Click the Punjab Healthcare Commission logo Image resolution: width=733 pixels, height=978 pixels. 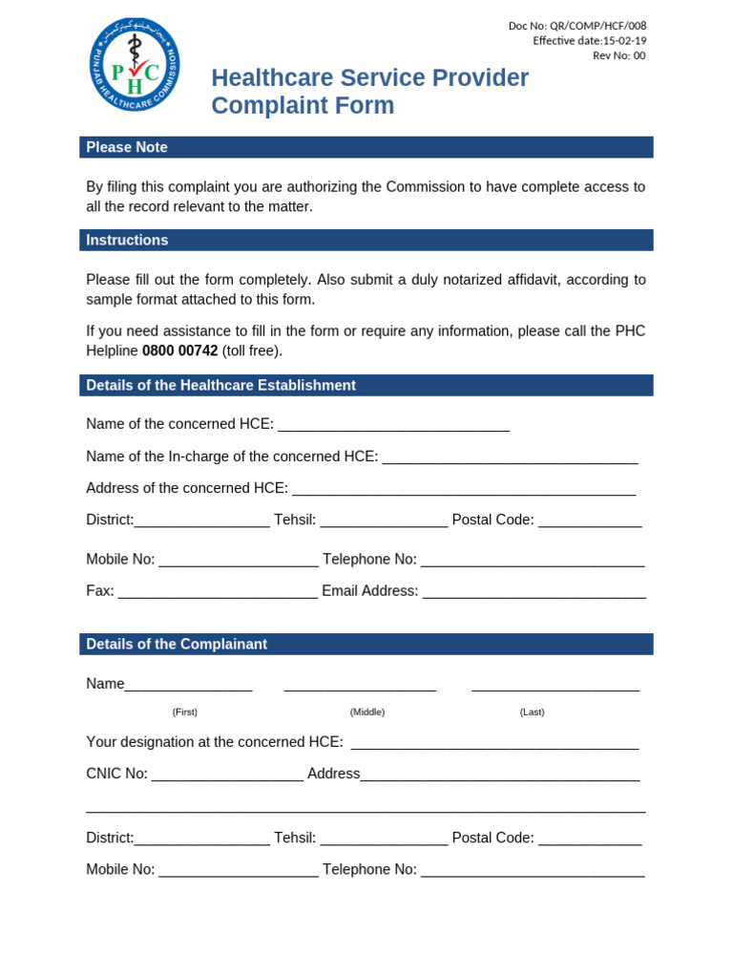point(134,64)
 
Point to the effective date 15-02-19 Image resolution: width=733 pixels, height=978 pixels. point(624,40)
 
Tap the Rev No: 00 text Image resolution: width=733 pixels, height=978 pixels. point(619,55)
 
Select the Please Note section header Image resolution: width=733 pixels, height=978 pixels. point(127,147)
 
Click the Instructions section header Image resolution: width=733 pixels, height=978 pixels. point(127,240)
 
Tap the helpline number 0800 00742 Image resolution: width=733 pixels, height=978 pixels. point(179,351)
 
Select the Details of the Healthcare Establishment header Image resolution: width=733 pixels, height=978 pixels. point(220,385)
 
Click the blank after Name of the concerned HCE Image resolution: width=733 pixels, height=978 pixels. point(393,426)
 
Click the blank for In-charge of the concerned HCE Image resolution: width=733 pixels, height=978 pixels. point(510,458)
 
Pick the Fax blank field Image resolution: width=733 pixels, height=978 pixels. point(218,593)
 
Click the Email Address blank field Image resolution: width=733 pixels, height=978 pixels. point(534,593)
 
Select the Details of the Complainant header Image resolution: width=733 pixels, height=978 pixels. point(177,644)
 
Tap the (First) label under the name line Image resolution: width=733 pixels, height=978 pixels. point(185,712)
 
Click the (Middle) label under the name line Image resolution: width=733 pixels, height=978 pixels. point(367,712)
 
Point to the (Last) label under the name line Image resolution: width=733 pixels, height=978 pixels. point(532,712)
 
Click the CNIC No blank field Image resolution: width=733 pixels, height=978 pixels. point(227,776)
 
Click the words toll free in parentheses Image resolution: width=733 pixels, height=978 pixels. point(252,351)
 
